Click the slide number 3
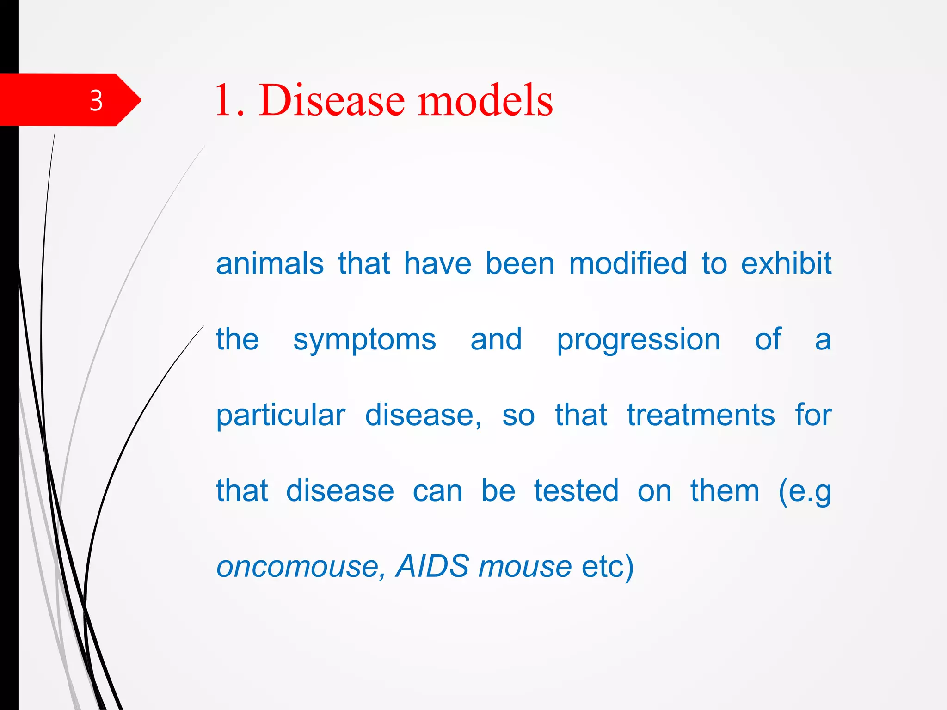(x=96, y=100)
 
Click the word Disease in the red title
(x=332, y=100)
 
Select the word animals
(x=270, y=264)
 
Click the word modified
(x=627, y=264)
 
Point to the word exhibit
(x=786, y=264)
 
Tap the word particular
(x=281, y=416)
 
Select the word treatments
(x=701, y=415)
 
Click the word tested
(x=576, y=491)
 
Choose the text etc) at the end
(x=607, y=567)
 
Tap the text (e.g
(x=805, y=492)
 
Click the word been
(x=520, y=264)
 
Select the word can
(x=437, y=492)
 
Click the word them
(x=725, y=491)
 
